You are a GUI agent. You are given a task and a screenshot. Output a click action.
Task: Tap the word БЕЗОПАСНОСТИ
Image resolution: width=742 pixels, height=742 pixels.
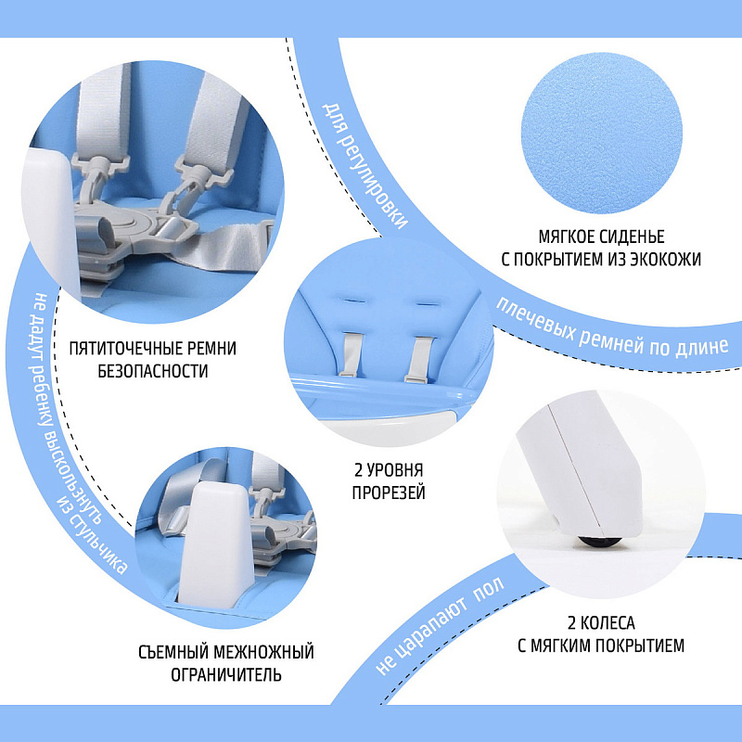[153, 371]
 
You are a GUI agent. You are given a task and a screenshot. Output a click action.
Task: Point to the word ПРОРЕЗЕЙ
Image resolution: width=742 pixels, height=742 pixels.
[389, 493]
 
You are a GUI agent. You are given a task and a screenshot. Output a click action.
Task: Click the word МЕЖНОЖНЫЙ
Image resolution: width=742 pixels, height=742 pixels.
[263, 652]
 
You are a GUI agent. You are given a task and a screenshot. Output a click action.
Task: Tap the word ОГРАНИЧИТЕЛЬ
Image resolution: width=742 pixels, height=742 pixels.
[226, 675]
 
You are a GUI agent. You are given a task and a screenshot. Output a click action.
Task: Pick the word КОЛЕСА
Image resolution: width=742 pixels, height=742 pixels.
[608, 623]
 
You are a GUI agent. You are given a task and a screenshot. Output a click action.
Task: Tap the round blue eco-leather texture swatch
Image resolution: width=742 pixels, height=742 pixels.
[601, 133]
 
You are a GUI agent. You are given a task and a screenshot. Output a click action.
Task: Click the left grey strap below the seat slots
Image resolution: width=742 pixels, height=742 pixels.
[351, 354]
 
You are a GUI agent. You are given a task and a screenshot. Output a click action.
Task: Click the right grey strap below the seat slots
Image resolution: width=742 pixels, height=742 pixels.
[419, 359]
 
